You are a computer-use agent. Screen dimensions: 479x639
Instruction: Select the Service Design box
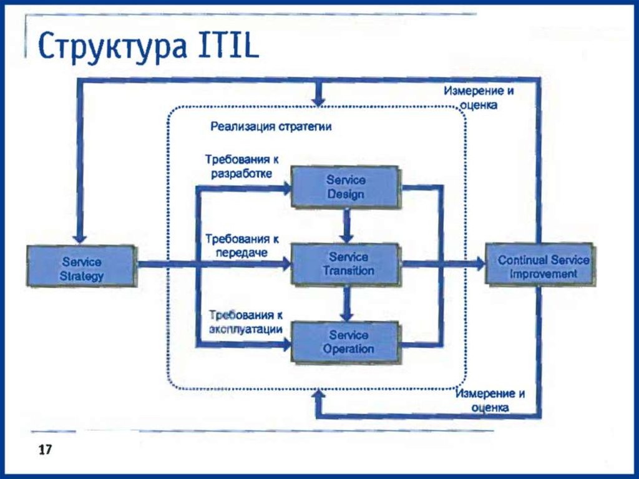coord(345,187)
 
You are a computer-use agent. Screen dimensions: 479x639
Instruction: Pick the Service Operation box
coord(345,342)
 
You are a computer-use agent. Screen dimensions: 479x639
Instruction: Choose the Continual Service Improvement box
coord(540,265)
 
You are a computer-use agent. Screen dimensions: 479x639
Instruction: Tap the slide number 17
coord(44,450)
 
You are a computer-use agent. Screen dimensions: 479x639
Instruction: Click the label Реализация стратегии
coord(270,127)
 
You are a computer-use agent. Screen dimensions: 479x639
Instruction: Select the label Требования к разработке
coord(241,166)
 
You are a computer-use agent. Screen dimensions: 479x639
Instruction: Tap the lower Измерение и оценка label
coord(490,400)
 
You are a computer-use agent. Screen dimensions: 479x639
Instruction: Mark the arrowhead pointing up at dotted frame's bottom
coord(319,394)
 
